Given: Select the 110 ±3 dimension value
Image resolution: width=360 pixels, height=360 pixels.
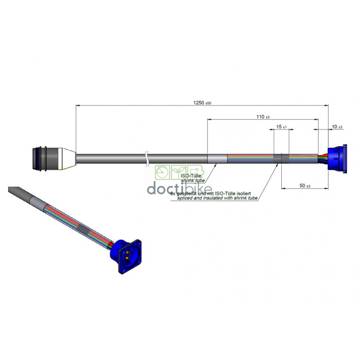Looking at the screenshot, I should pos(263,117).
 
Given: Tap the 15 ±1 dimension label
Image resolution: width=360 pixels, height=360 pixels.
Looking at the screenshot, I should pos(282,127).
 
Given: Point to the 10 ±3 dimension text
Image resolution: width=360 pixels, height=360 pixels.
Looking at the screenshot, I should pos(337,127).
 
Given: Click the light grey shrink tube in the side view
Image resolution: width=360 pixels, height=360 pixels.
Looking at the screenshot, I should pos(217,159).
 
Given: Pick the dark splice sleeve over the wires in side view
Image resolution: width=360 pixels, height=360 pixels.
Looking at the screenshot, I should pos(281,158).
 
